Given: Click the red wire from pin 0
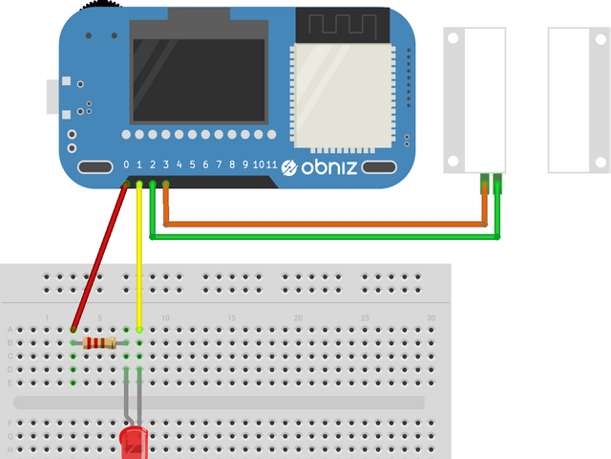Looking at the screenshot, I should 100,253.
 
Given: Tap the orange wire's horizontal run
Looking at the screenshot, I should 325,225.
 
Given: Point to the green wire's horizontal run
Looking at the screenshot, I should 325,237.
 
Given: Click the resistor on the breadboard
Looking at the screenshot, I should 99,342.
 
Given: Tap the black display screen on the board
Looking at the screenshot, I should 198,80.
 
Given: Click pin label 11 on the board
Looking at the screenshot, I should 272,165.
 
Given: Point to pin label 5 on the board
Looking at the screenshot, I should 192,165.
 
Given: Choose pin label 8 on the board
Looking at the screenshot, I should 232,165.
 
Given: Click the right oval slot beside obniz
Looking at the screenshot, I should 380,168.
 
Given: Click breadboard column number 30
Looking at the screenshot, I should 432,317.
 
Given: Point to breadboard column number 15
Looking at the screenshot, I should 232,317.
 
